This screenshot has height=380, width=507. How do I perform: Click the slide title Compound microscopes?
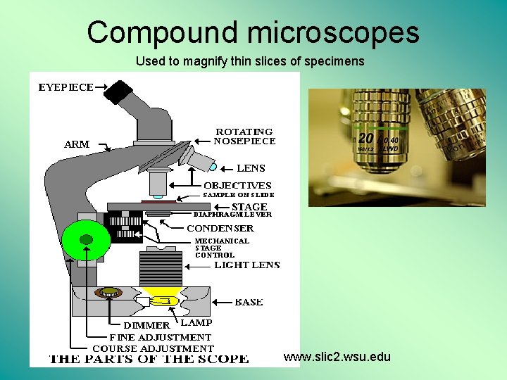(253, 32)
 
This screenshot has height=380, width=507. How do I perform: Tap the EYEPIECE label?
(65, 87)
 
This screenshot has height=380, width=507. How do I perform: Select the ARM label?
(77, 144)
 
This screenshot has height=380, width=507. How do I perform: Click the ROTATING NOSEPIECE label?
(244, 137)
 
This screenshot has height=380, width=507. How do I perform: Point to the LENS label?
(251, 168)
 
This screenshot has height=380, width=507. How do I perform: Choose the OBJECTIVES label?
(237, 185)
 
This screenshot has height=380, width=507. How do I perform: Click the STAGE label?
(249, 207)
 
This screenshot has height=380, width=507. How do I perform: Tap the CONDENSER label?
(220, 228)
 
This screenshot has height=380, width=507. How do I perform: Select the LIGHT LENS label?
(246, 265)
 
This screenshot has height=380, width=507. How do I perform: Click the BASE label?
(249, 302)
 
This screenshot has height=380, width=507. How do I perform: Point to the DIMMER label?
(146, 325)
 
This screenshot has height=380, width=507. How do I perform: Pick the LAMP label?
(196, 322)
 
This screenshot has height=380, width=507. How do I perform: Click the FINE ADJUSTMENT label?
(160, 337)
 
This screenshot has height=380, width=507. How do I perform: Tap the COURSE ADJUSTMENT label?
(153, 348)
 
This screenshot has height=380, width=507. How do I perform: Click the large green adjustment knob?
(86, 240)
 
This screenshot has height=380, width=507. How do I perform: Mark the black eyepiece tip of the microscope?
(119, 91)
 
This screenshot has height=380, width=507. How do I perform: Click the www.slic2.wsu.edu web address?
(337, 357)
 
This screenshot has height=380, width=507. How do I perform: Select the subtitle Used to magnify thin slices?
(250, 61)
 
